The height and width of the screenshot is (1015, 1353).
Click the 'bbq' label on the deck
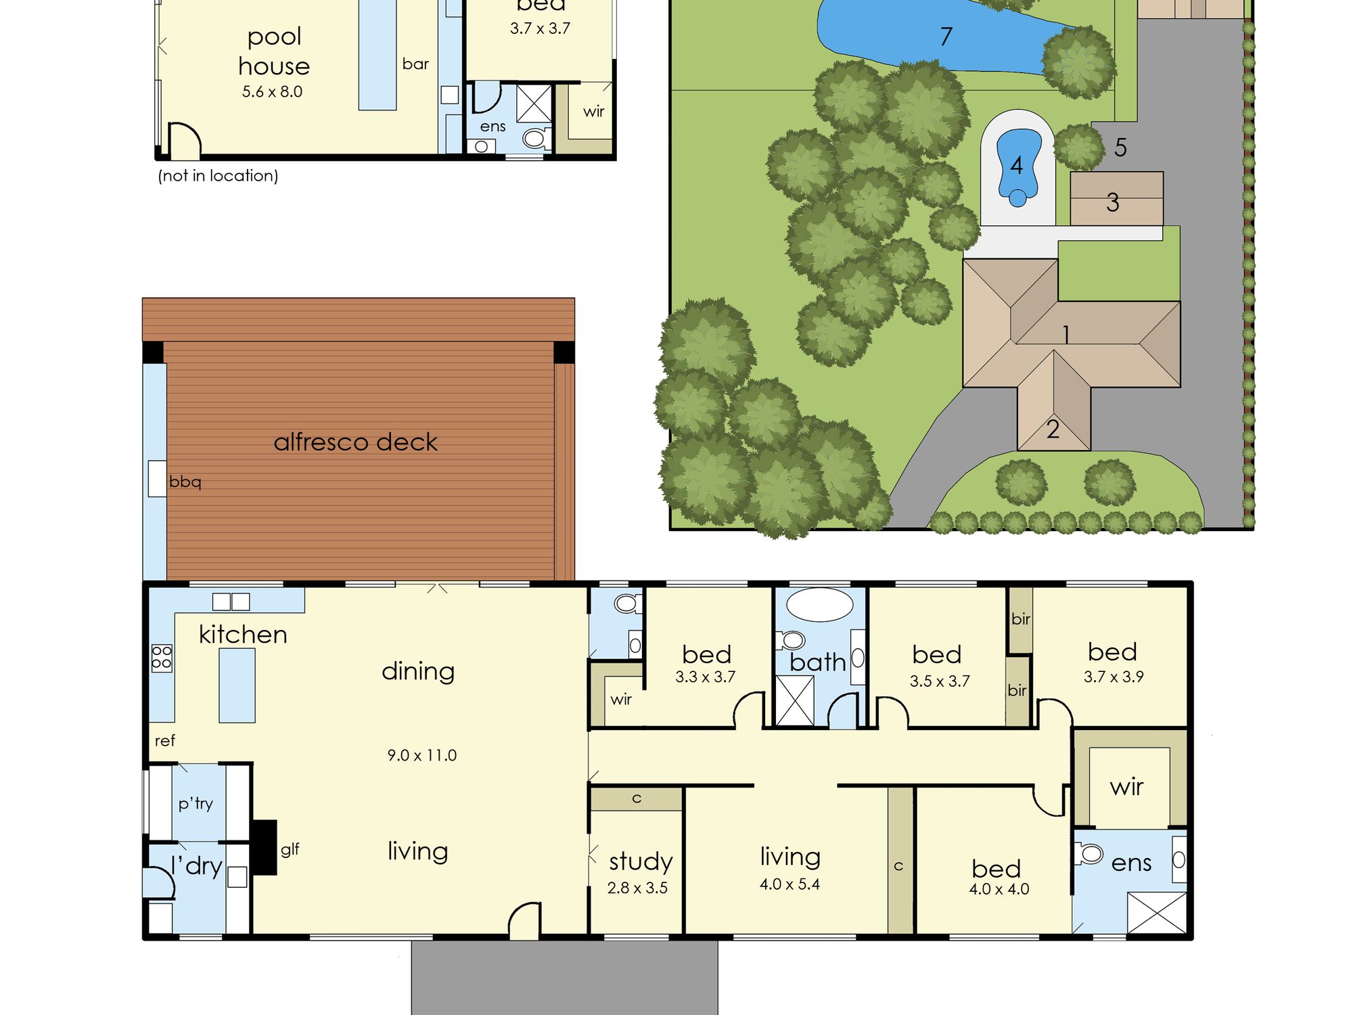click(x=185, y=482)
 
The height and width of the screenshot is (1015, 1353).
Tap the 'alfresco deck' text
click(x=356, y=442)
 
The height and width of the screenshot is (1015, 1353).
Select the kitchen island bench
click(x=237, y=685)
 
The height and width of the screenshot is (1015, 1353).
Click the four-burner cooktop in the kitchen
click(x=162, y=658)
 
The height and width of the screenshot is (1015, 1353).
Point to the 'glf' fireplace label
click(x=290, y=849)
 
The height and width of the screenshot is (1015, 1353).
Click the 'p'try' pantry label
click(x=196, y=803)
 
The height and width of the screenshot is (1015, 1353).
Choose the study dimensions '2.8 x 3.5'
click(x=637, y=888)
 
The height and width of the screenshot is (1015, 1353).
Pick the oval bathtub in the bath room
click(x=820, y=604)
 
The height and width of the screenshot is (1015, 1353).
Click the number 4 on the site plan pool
click(x=1016, y=165)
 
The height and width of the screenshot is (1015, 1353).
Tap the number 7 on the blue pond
click(x=946, y=36)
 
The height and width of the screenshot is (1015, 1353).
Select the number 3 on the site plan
click(x=1113, y=202)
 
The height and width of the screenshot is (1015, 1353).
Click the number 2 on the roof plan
click(x=1053, y=429)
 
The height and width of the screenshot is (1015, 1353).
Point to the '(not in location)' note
click(x=218, y=176)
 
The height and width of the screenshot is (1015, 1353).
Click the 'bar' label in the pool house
click(x=415, y=64)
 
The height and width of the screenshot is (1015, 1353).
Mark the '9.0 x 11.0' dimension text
click(x=422, y=755)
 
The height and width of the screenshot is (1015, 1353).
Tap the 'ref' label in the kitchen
click(x=165, y=740)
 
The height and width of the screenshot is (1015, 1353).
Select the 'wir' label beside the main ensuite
click(x=1126, y=787)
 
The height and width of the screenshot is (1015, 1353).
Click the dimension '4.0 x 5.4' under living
click(x=789, y=884)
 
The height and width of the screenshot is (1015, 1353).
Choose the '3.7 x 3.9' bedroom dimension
click(x=1114, y=677)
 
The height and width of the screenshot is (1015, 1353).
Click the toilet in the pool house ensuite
click(x=534, y=138)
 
